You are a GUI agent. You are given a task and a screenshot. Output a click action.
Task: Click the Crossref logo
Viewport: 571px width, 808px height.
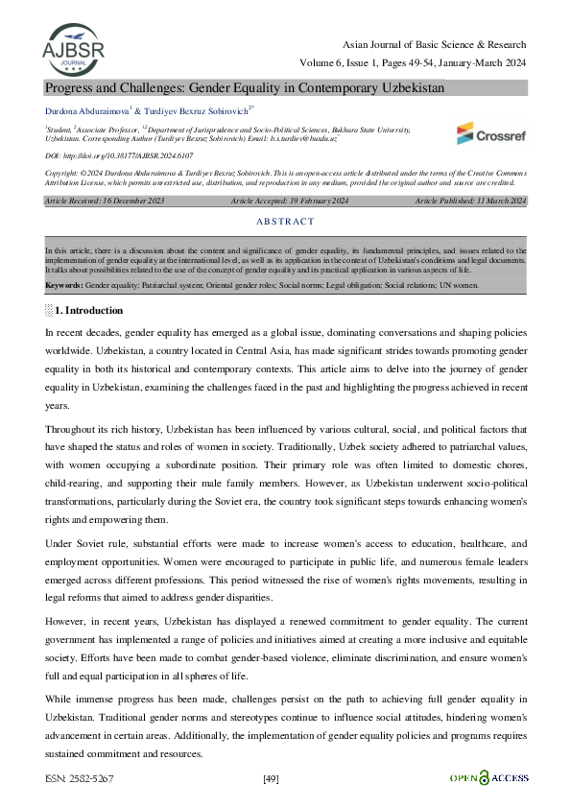click(x=490, y=133)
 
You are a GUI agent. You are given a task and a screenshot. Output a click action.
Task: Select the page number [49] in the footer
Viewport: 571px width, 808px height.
click(x=271, y=778)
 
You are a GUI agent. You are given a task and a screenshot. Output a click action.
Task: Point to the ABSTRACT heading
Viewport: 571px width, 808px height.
click(x=286, y=222)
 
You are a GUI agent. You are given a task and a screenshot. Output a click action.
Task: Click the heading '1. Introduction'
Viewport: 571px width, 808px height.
click(x=88, y=310)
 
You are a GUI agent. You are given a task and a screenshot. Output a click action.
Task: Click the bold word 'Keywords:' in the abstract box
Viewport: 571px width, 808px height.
click(x=64, y=286)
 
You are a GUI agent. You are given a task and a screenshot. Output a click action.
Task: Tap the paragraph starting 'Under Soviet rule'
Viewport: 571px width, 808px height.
click(x=285, y=562)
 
